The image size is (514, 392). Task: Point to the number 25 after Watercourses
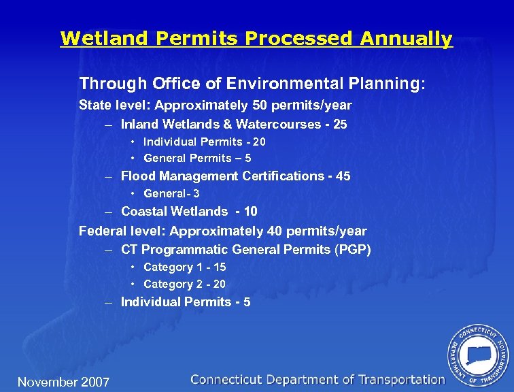pyautogui.click(x=340, y=125)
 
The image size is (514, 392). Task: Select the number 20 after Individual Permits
pyautogui.click(x=258, y=142)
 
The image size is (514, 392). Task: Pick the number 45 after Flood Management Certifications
pyautogui.click(x=343, y=176)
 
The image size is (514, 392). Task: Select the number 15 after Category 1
pyautogui.click(x=219, y=267)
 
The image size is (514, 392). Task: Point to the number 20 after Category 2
pyautogui.click(x=219, y=284)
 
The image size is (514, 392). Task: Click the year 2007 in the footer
pyautogui.click(x=95, y=382)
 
